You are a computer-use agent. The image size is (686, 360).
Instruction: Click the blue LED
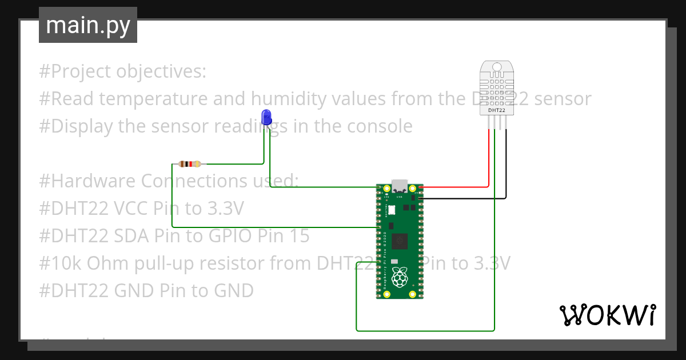tap(266, 117)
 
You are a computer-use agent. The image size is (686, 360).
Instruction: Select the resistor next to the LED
tap(189, 164)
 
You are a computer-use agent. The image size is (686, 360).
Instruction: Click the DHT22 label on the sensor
tap(496, 110)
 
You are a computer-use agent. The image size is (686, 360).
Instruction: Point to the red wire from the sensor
tap(489, 160)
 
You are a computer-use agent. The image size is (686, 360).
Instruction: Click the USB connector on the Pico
tap(400, 186)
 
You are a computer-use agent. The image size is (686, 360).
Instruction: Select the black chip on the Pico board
tap(400, 242)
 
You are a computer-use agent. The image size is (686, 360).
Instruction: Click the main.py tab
tap(88, 25)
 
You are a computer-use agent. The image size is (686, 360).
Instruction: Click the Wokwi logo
tap(607, 315)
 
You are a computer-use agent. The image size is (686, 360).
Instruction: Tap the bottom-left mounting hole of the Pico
tap(386, 294)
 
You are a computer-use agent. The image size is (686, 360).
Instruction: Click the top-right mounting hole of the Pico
tap(412, 189)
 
